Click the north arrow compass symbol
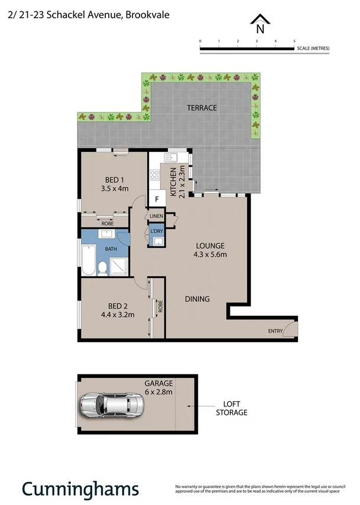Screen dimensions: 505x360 click(x=259, y=24)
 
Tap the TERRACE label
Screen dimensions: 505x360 click(x=202, y=108)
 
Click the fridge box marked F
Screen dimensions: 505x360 click(x=157, y=199)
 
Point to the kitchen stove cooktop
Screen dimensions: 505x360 click(x=155, y=174)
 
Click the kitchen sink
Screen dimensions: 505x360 click(x=174, y=157)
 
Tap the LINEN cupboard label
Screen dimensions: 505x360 click(x=156, y=217)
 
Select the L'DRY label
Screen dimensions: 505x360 click(x=157, y=230)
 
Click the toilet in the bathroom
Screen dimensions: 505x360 click(x=103, y=269)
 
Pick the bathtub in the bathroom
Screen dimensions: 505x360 click(x=88, y=260)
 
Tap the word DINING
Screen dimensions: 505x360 click(x=197, y=299)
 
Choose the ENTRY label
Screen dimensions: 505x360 click(x=275, y=331)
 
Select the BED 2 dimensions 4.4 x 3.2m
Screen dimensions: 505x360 click(x=118, y=314)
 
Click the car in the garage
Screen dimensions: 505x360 click(x=112, y=405)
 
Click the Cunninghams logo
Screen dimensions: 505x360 click(x=80, y=488)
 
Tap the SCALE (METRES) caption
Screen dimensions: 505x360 click(x=313, y=48)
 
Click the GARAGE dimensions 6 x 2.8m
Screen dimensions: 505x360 click(x=158, y=391)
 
